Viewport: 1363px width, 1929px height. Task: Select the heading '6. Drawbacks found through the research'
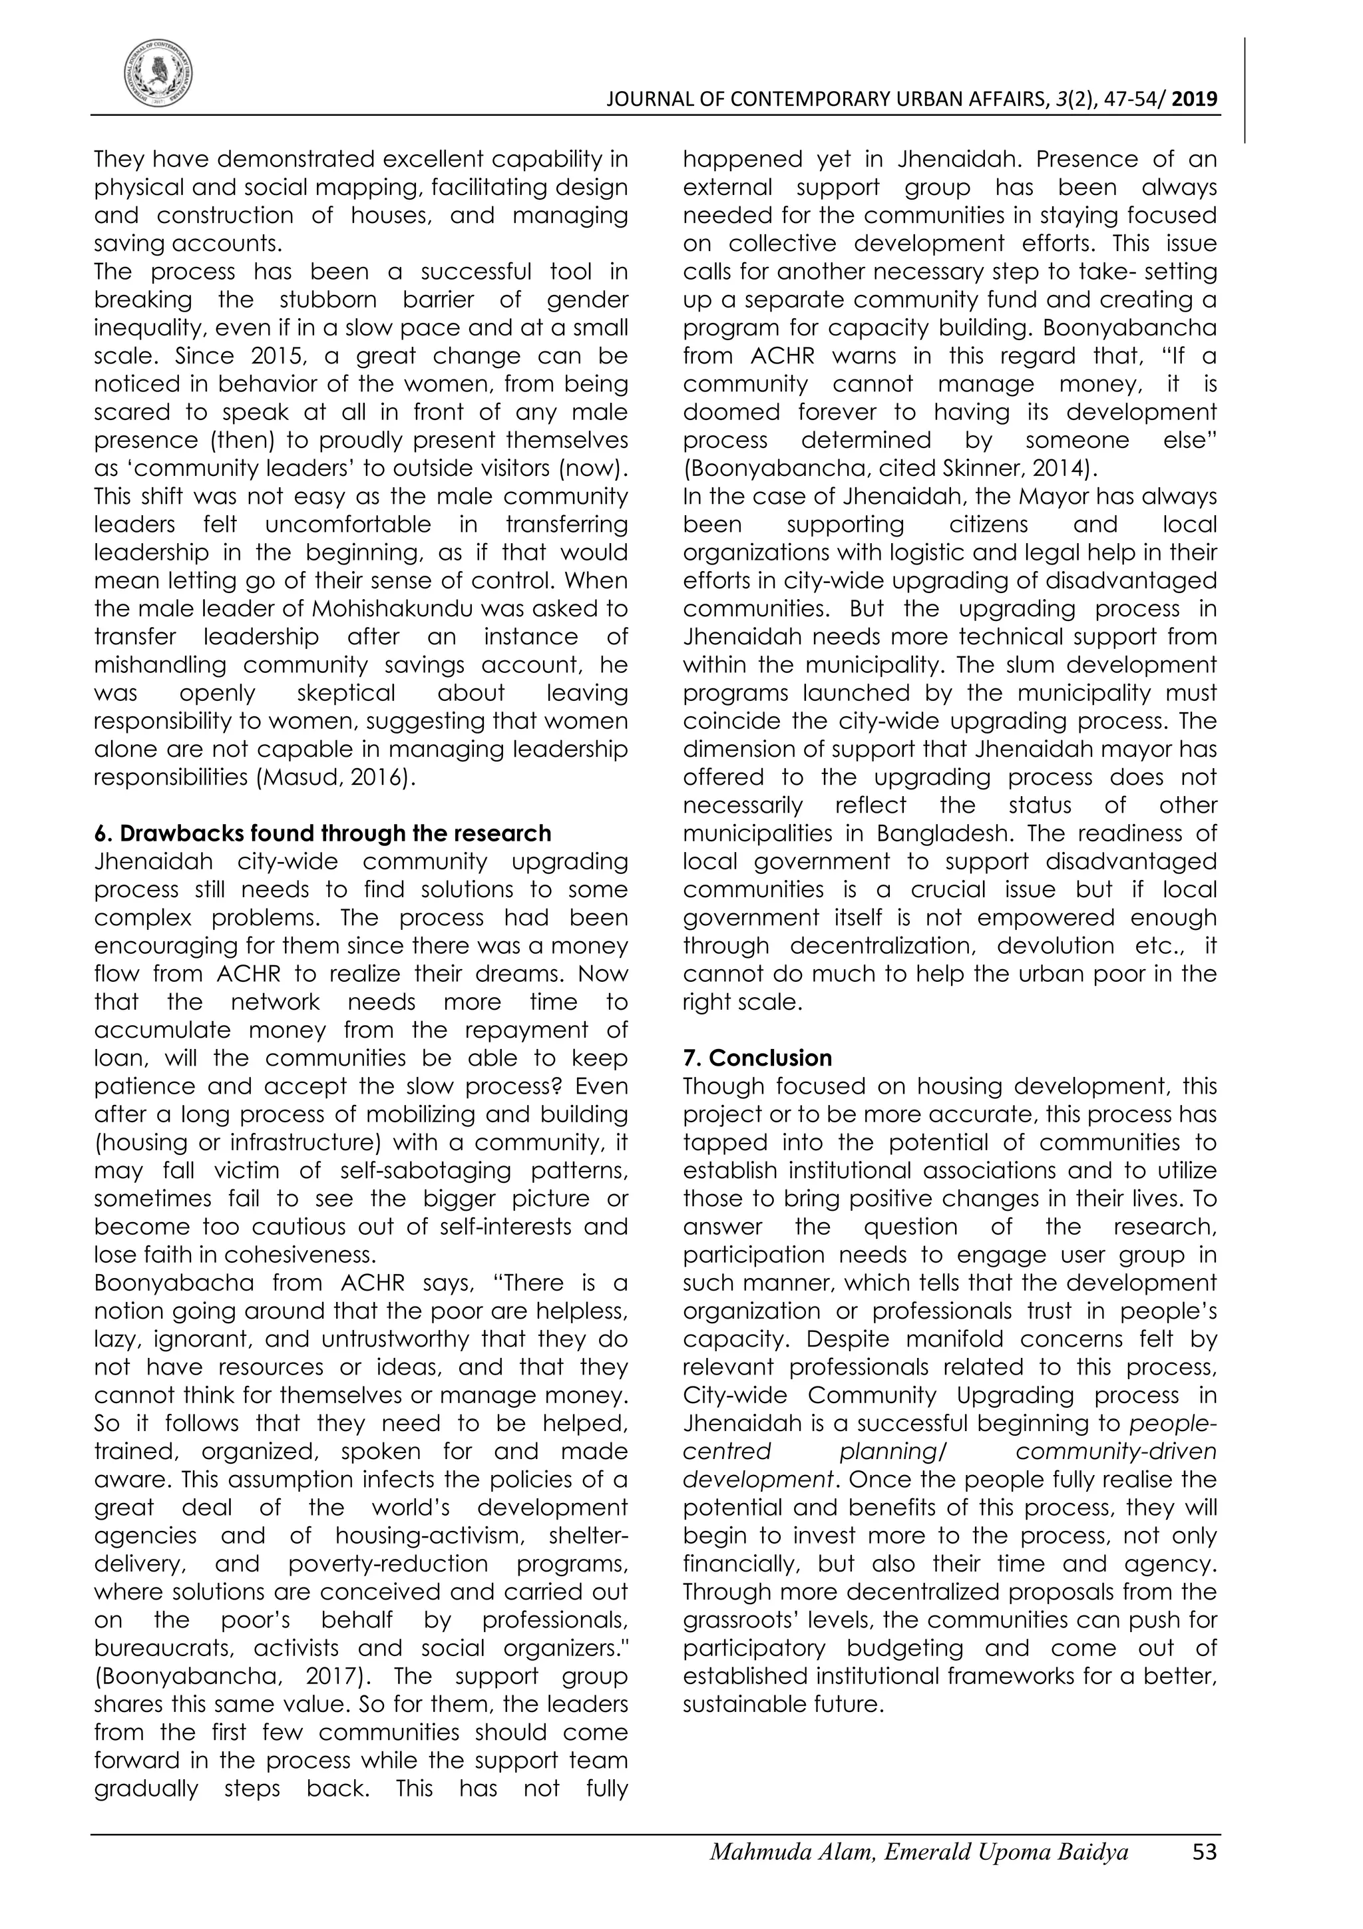click(323, 833)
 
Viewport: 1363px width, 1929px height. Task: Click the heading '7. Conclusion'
click(757, 1058)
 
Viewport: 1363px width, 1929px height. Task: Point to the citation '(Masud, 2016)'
click(334, 777)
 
